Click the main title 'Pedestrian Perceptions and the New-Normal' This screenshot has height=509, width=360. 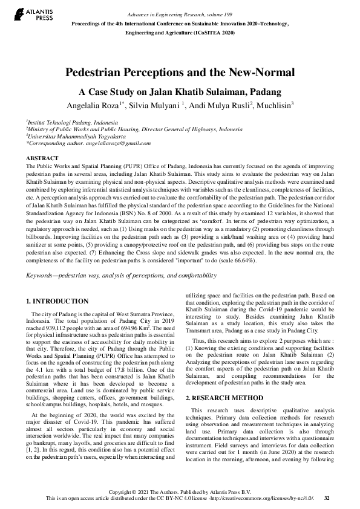(180, 73)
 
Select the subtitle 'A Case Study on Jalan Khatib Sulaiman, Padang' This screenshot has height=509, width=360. (180, 92)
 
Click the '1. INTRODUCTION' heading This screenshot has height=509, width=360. (58, 301)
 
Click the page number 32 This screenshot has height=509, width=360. (327, 498)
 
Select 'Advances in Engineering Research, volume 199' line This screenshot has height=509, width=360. (180, 14)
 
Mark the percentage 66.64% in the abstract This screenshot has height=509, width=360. (241, 260)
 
